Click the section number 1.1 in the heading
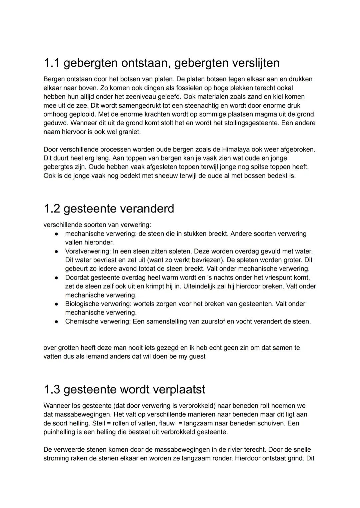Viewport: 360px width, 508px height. click(x=51, y=63)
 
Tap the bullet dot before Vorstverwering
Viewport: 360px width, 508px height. click(x=57, y=251)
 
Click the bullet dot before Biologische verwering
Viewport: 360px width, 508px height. click(x=57, y=304)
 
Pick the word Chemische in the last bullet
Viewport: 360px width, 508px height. click(x=80, y=321)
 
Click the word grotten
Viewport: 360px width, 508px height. click(x=69, y=347)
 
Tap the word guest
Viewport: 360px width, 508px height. click(x=197, y=356)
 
